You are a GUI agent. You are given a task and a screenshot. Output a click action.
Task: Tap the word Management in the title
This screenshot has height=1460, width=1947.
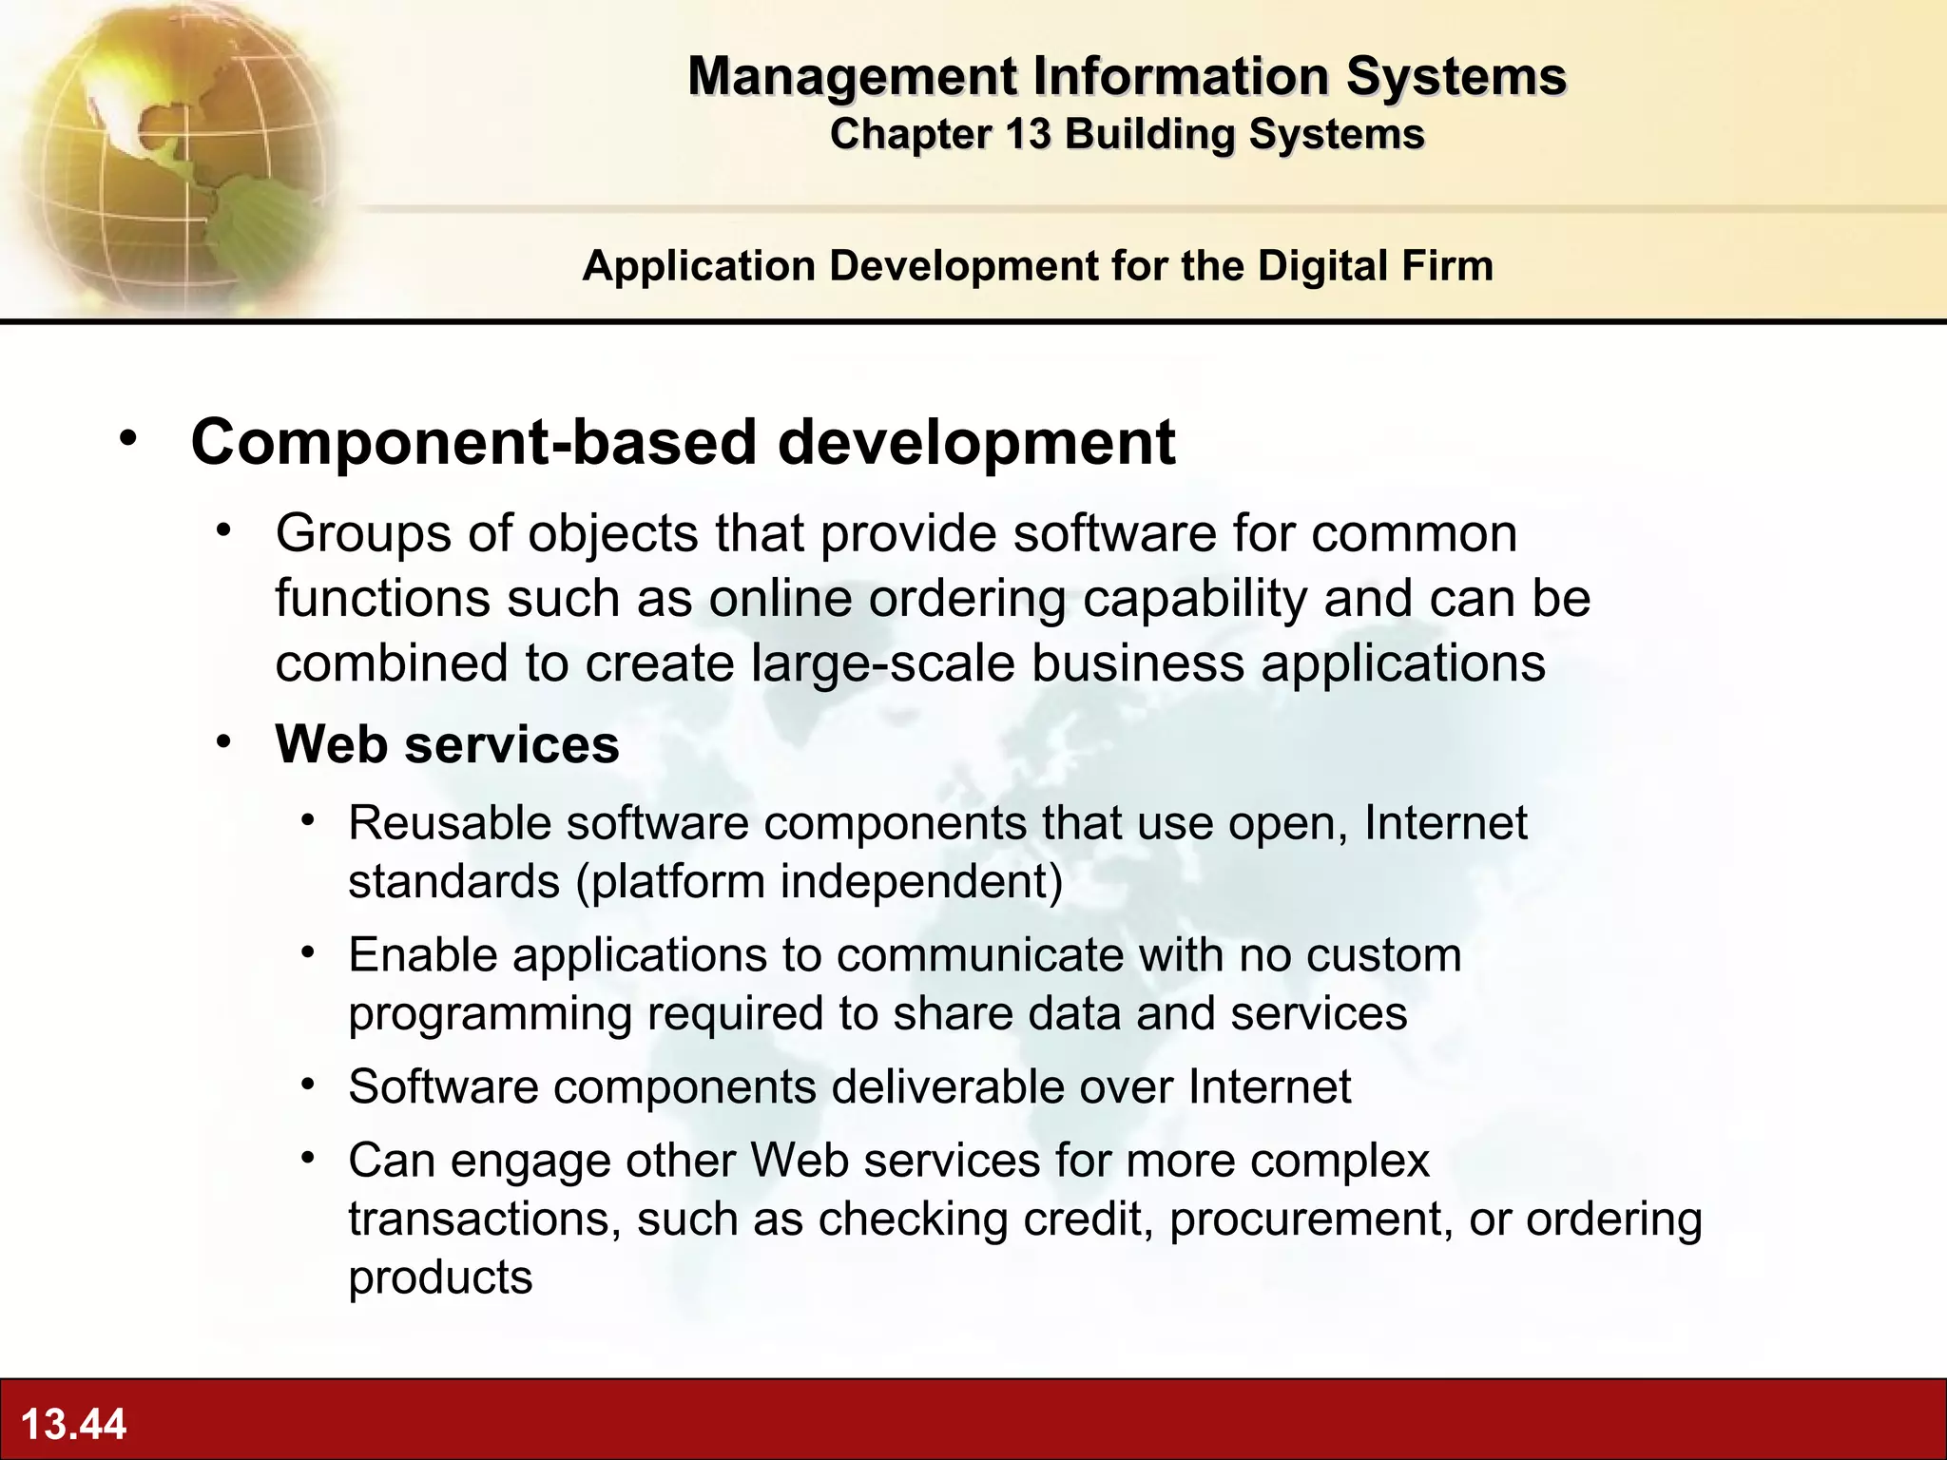(x=853, y=76)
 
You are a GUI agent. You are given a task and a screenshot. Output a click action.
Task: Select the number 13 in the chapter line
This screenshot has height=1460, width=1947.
(x=1028, y=134)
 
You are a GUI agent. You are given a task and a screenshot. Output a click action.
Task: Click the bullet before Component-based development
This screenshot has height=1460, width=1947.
(x=128, y=439)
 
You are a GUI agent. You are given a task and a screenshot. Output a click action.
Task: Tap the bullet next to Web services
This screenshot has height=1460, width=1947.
(x=223, y=741)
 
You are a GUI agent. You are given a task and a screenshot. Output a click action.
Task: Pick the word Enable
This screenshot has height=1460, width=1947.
(x=422, y=955)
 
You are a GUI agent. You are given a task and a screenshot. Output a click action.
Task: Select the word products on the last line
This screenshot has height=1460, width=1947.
(x=440, y=1278)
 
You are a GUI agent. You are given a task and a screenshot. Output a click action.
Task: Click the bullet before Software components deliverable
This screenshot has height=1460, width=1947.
(x=307, y=1084)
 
